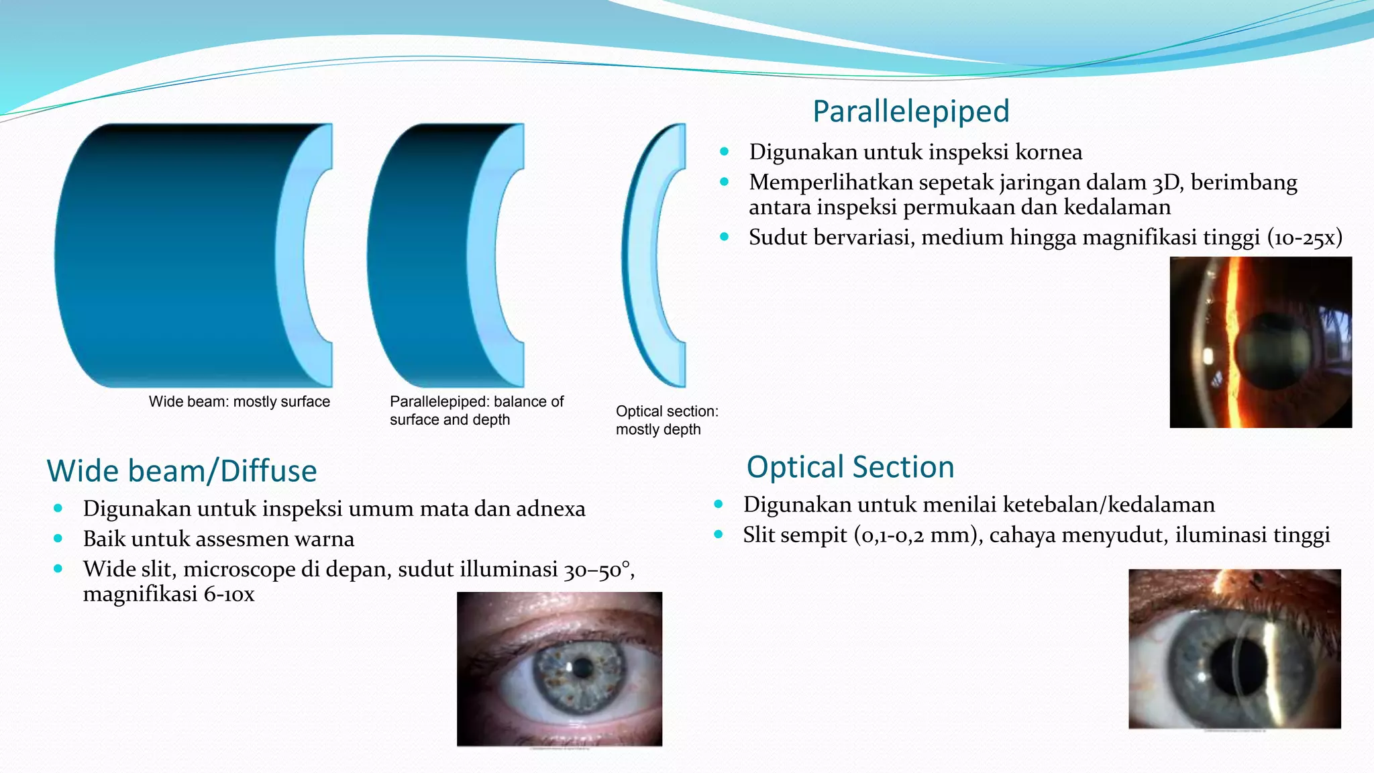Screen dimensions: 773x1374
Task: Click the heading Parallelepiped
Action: pos(910,111)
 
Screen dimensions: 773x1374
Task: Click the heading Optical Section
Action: pos(850,467)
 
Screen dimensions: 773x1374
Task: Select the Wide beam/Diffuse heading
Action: pos(181,471)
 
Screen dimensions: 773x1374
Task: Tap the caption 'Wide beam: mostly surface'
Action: pos(239,402)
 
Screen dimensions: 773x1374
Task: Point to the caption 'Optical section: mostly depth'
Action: pos(666,420)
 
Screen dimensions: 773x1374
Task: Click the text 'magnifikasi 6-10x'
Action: pos(168,595)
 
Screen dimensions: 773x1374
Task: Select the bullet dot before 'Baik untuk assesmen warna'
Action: pos(58,539)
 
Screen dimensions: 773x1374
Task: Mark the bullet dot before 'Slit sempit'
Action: pos(719,535)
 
